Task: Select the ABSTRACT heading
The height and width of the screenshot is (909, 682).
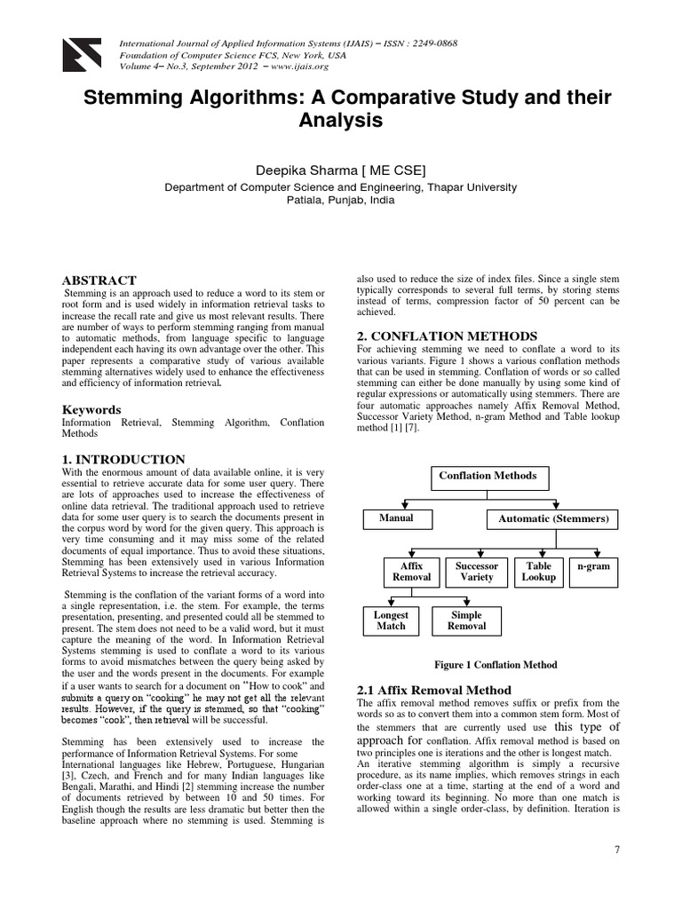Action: pos(99,281)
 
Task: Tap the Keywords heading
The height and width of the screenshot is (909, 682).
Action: pos(91,410)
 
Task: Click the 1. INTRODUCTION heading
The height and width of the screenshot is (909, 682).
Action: pos(123,459)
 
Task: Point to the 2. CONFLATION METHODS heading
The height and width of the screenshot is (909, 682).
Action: pos(447,336)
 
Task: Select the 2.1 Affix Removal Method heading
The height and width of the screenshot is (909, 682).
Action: pos(433,690)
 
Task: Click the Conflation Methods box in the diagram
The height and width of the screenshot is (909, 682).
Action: pos(488,476)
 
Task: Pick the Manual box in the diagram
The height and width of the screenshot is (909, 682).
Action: pos(396,518)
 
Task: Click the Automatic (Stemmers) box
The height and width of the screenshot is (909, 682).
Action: pos(552,518)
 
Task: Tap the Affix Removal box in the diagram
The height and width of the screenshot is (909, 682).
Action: pos(411,572)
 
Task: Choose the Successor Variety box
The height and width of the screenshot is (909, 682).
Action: pos(476,572)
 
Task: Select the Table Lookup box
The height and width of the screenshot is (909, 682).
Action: pos(538,572)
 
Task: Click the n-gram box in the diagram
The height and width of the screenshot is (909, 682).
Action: pos(593,566)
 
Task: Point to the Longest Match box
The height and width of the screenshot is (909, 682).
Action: pos(391,620)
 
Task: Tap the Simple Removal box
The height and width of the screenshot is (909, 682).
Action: pos(466,620)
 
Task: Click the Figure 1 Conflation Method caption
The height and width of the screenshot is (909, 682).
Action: pos(495,664)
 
